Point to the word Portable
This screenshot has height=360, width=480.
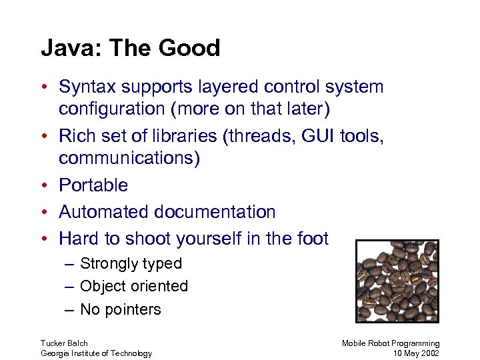pos(93,185)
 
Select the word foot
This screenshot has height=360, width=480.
pos(312,239)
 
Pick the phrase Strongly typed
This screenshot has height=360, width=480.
pos(131,264)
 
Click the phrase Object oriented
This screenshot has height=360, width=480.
pos(133,287)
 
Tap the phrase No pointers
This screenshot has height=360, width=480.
pos(120,309)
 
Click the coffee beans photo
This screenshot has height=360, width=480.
pos(397,281)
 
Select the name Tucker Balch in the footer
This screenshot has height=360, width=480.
pos(64,343)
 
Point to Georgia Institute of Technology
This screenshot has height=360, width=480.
pos(96,353)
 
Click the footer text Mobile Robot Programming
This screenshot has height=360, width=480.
pos(391,343)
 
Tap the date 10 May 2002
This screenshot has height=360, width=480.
pos(417,353)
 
